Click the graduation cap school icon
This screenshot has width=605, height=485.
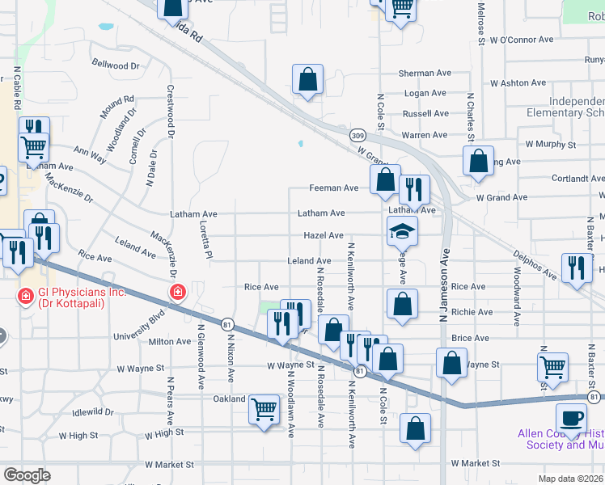coord(402,231)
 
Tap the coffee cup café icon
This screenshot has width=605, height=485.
coord(571,418)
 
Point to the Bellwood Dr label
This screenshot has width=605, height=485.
coord(116,64)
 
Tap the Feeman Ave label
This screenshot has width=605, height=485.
coord(333,188)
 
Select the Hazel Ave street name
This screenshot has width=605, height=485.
coord(324,235)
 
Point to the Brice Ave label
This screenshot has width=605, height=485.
coord(471,338)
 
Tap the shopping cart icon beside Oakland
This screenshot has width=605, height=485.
coord(264,409)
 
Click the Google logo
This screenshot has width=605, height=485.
coord(26,474)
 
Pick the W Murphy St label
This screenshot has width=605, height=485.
coord(550,144)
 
